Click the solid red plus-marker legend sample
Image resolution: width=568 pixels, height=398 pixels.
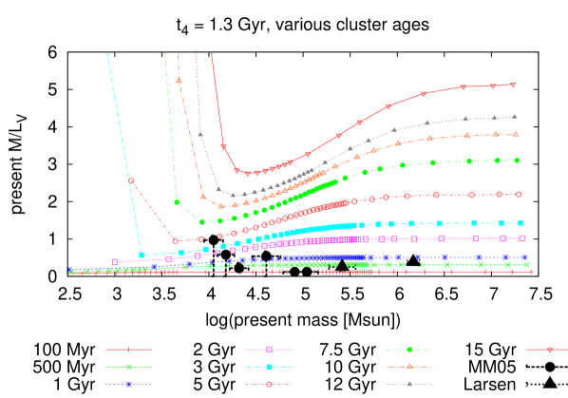pyautogui.click(x=128, y=350)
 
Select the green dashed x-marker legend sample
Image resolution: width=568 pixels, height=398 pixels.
pyautogui.click(x=128, y=367)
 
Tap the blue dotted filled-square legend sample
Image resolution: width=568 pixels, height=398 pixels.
pyautogui.click(x=128, y=384)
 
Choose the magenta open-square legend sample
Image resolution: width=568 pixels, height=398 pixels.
pyautogui.click(x=269, y=350)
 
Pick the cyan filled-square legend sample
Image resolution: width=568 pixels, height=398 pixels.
pyautogui.click(x=269, y=367)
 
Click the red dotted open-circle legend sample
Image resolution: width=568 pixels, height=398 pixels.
pyautogui.click(x=269, y=384)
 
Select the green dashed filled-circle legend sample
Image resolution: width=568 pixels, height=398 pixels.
pyautogui.click(x=409, y=350)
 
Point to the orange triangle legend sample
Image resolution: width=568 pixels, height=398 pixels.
pyautogui.click(x=409, y=367)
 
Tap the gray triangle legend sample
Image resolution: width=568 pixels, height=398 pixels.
pyautogui.click(x=409, y=384)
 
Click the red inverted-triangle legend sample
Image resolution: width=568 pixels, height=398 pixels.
pyautogui.click(x=549, y=350)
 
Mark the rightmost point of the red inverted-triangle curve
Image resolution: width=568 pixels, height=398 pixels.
pyautogui.click(x=514, y=85)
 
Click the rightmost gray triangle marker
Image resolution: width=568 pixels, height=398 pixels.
pyautogui.click(x=515, y=117)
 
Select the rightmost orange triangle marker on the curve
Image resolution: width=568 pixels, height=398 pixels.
pyautogui.click(x=516, y=134)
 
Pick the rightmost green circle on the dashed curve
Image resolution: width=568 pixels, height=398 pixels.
pyautogui.click(x=517, y=160)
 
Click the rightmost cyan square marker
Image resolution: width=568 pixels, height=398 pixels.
pyautogui.click(x=521, y=222)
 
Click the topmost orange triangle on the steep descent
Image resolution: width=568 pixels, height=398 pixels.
pyautogui.click(x=179, y=81)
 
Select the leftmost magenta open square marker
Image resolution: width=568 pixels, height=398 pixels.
pyautogui.click(x=115, y=261)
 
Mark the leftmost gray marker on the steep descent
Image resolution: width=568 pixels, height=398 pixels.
pyautogui.click(x=200, y=135)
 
